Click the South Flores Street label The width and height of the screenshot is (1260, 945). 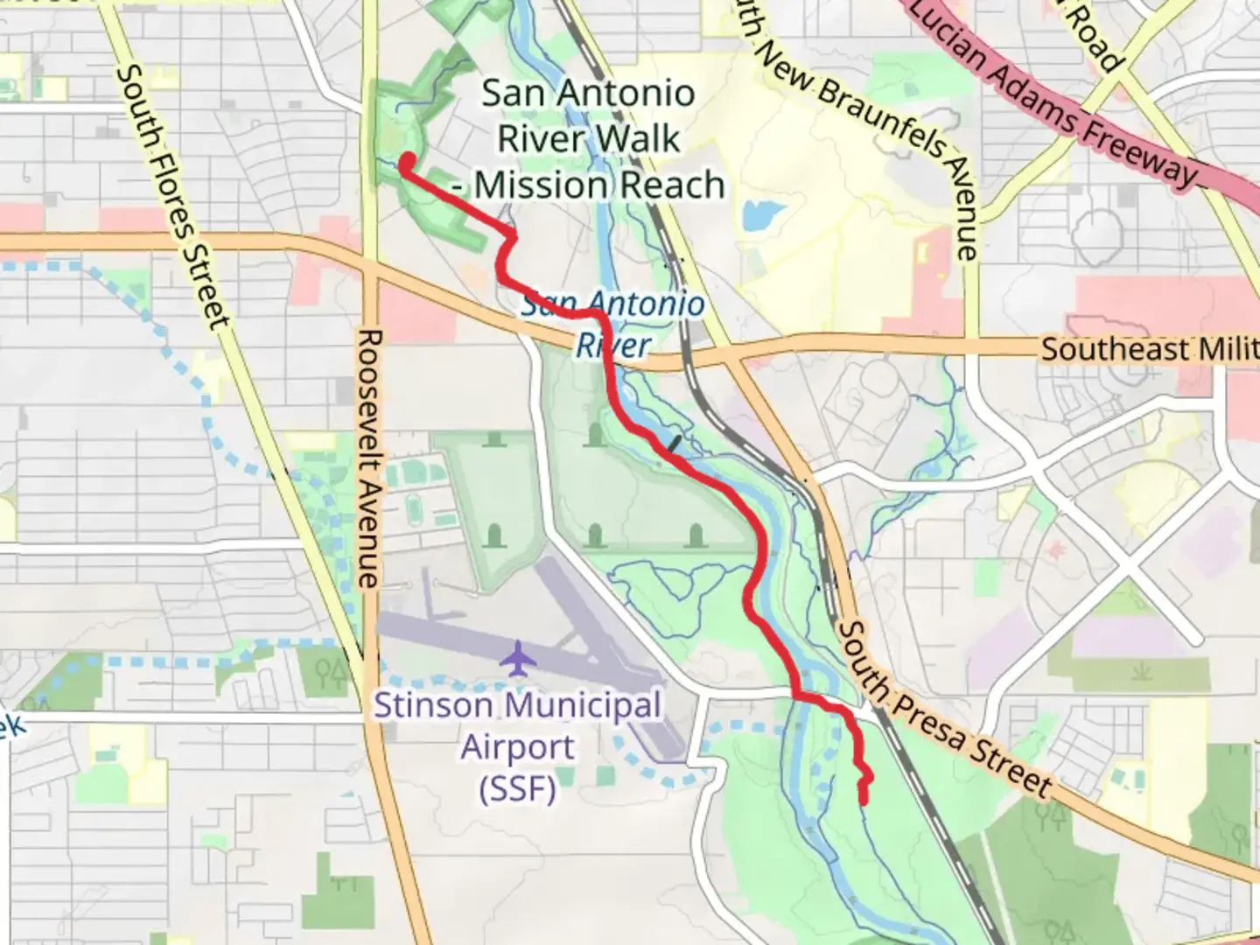tap(172, 198)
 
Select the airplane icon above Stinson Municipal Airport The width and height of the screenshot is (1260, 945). tap(518, 658)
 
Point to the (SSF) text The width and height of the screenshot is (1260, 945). tap(517, 789)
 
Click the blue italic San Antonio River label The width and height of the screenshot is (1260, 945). tap(612, 324)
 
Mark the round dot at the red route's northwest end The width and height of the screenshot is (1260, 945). tap(407, 160)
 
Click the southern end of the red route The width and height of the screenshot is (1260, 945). tap(864, 799)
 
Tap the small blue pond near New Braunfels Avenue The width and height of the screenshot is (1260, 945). tap(760, 214)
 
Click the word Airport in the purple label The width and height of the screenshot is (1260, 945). tap(517, 748)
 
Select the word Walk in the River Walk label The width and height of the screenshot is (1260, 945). tap(645, 139)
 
